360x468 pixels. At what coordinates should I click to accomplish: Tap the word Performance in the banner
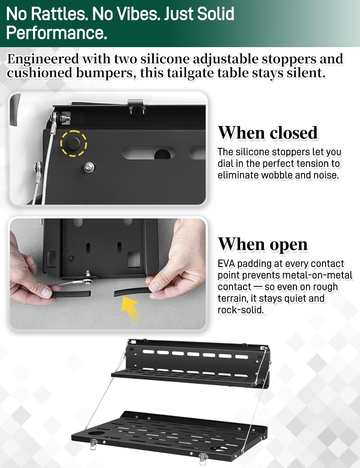click(56, 33)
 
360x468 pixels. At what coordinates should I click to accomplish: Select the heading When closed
click(268, 133)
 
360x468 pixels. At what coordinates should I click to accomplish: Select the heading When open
click(263, 244)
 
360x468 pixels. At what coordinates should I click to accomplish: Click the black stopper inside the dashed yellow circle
click(74, 143)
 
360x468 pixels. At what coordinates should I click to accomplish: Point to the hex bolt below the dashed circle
click(89, 167)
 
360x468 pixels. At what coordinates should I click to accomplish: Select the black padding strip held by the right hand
click(132, 292)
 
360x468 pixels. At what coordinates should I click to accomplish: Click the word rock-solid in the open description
click(241, 310)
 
